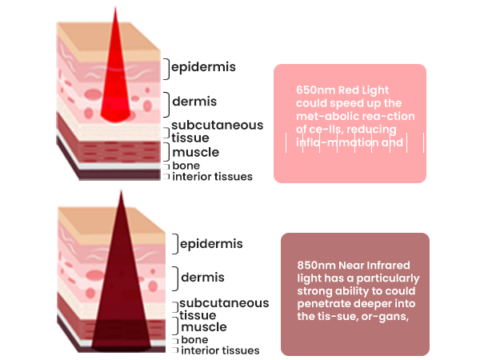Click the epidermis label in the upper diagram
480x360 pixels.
click(x=203, y=67)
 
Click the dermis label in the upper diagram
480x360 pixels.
click(x=195, y=102)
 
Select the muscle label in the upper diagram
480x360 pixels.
click(x=195, y=152)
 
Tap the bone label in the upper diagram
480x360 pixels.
click(x=186, y=166)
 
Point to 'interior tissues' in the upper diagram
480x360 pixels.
click(x=212, y=177)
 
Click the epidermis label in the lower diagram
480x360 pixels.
click(x=211, y=243)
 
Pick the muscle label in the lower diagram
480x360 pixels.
click(x=203, y=327)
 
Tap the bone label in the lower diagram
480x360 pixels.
click(x=194, y=339)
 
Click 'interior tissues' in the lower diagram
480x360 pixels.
click(x=219, y=350)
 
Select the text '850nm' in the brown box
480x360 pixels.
click(x=311, y=264)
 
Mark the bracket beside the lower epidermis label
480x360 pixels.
click(x=175, y=244)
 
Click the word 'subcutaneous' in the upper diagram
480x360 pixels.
click(x=217, y=126)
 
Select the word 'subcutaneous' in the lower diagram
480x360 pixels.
click(x=224, y=303)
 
